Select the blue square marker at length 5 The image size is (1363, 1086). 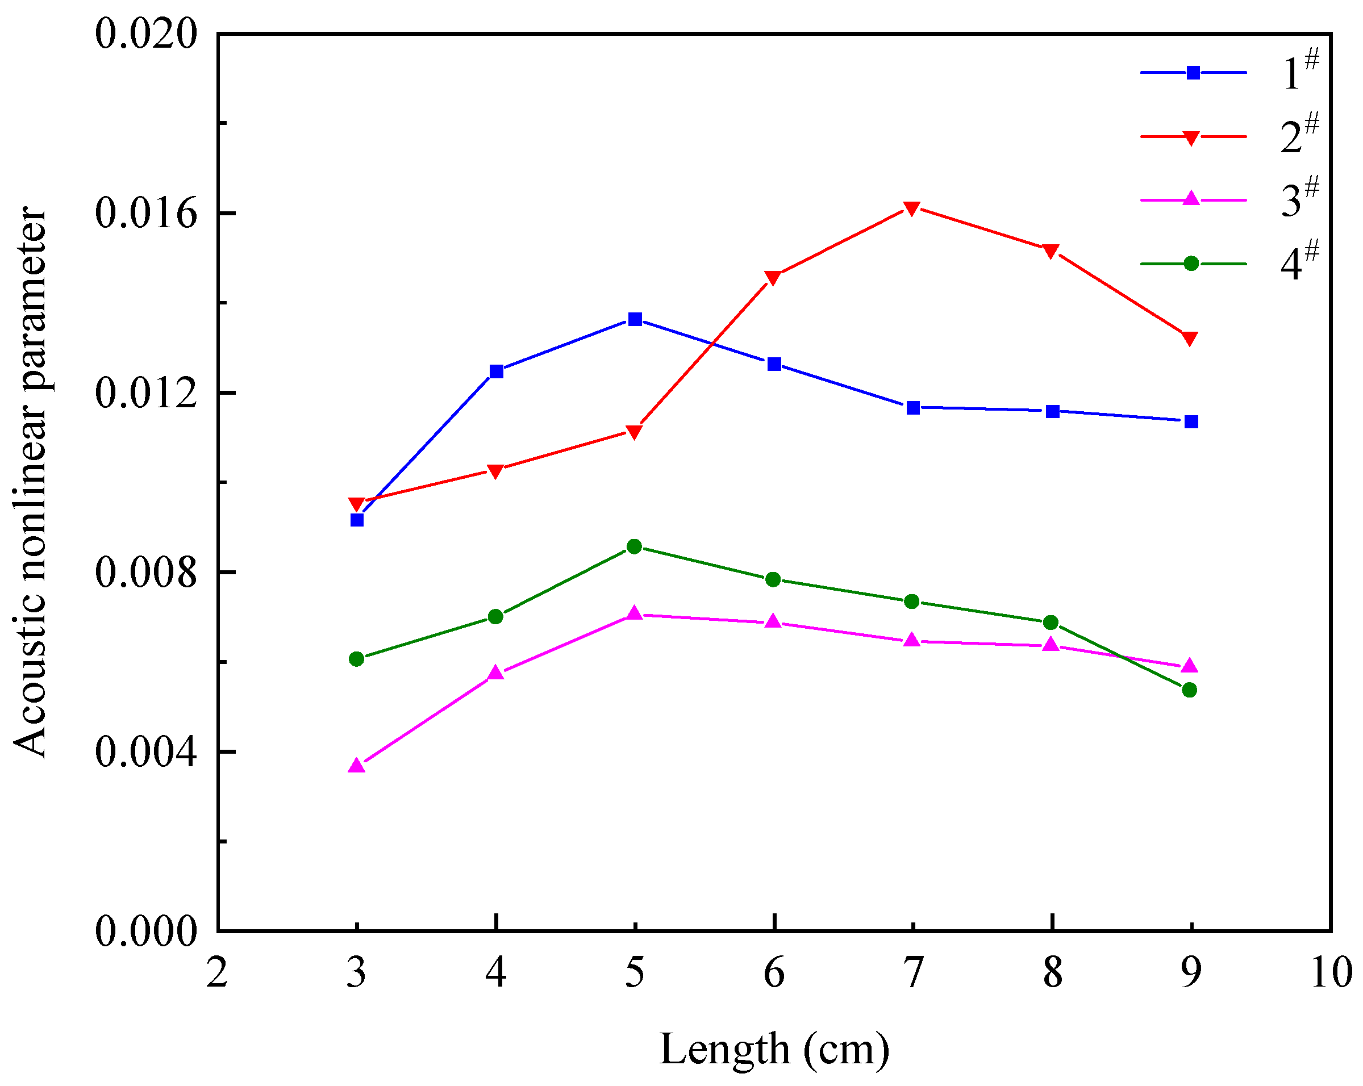tap(635, 319)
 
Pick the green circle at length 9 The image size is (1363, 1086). tap(1189, 690)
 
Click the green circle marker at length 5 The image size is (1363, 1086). tap(635, 547)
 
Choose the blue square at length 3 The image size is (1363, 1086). tap(357, 520)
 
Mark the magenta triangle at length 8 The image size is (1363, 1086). tap(1051, 645)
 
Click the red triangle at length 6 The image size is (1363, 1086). tap(773, 278)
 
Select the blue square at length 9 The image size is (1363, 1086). tap(1191, 421)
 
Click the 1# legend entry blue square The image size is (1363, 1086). tap(1193, 73)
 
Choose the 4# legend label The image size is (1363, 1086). tap(1299, 262)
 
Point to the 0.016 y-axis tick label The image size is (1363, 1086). tap(146, 213)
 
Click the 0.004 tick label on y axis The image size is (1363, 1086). tap(146, 752)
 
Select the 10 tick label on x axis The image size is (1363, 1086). tap(1330, 974)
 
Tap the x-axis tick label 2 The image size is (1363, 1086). tap(218, 974)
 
